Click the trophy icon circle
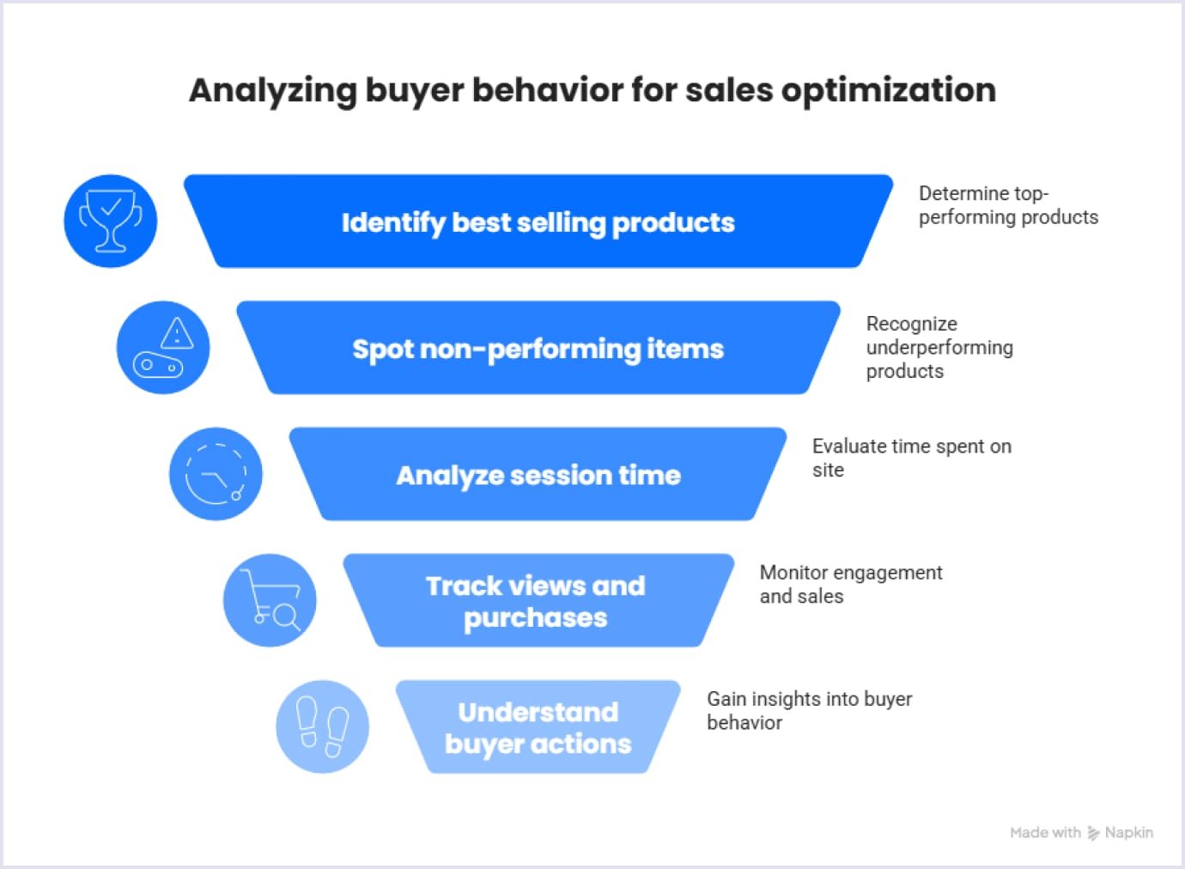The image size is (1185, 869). click(111, 221)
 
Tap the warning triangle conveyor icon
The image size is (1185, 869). click(163, 347)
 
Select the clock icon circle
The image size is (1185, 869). click(216, 473)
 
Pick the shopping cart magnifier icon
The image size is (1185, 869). click(270, 599)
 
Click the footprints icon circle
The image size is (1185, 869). click(322, 726)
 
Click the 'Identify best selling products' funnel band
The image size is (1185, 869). click(538, 222)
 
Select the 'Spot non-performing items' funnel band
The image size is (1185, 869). click(538, 349)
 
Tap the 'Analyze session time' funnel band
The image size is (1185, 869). click(538, 475)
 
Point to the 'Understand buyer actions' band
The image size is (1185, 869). click(538, 727)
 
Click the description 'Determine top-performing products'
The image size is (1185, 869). click(1007, 205)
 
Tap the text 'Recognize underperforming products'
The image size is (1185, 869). click(939, 347)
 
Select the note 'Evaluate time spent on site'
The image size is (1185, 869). click(911, 458)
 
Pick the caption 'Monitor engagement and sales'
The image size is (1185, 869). click(850, 584)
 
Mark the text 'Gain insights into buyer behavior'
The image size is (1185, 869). click(809, 710)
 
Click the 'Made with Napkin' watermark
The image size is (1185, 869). click(1081, 832)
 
